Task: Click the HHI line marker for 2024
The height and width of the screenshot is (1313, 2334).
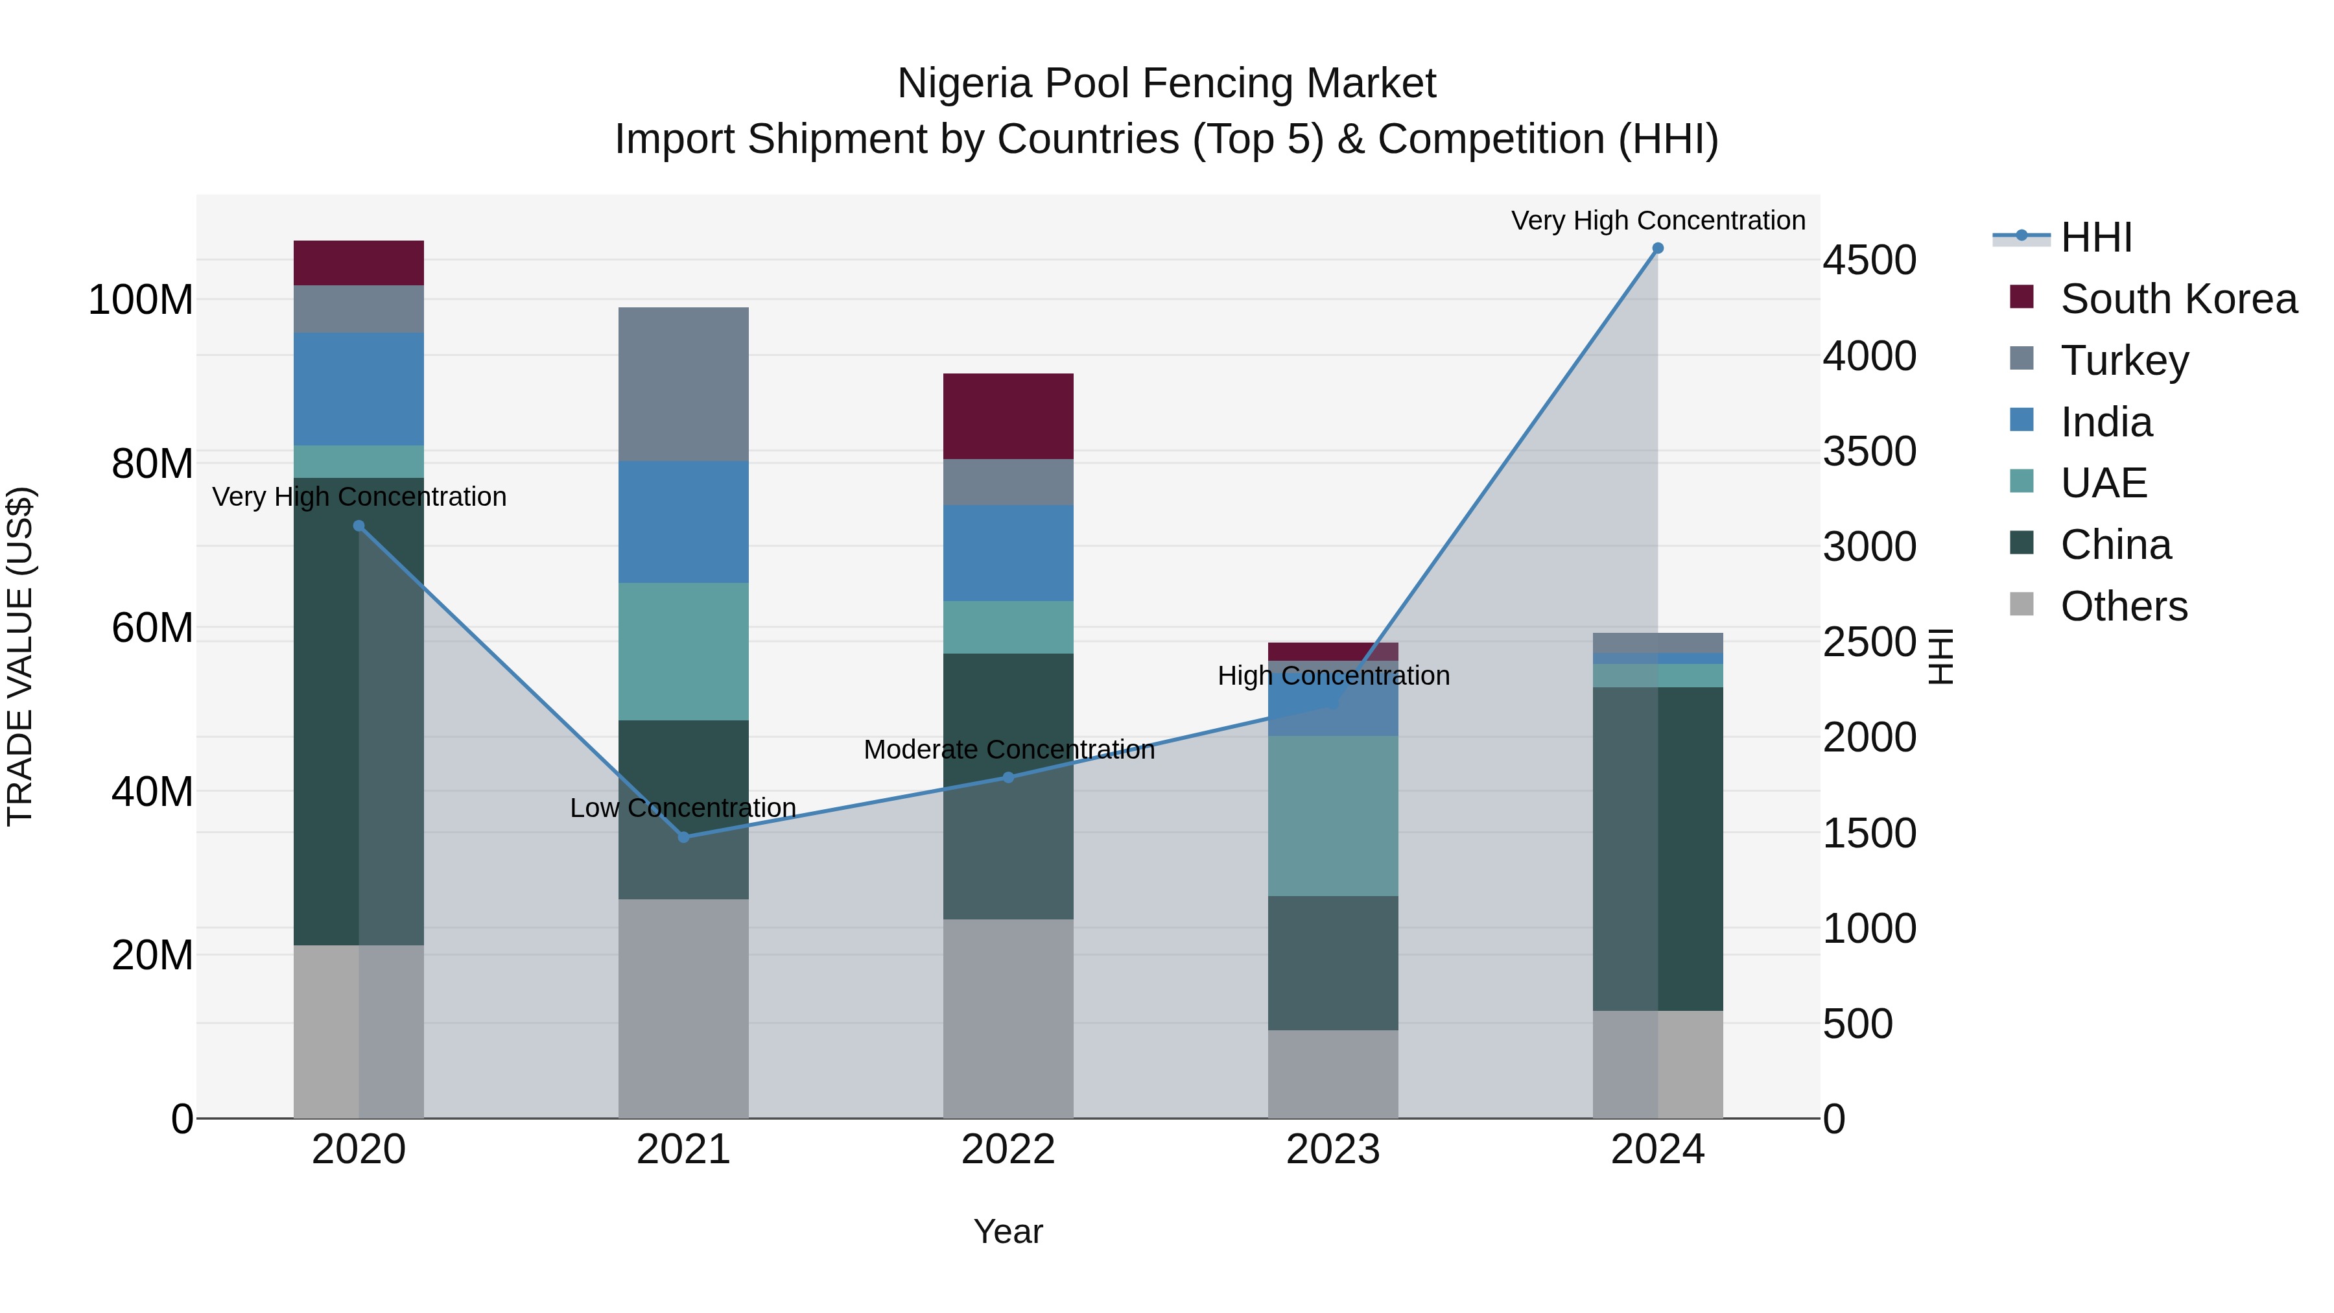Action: coord(1657,248)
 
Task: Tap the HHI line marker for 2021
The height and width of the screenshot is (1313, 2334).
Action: coord(684,836)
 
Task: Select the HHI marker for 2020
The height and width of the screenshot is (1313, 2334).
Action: coord(359,526)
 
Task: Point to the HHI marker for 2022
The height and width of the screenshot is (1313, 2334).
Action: coord(1008,777)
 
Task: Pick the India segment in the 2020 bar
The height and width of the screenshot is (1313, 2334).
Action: coord(359,389)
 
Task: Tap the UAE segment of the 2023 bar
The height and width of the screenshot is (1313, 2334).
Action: coord(1333,816)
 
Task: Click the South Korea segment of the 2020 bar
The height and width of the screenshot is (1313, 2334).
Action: coord(359,263)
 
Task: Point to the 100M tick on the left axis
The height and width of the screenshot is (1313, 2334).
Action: coord(141,300)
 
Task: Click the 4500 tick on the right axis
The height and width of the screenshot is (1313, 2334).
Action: coord(1869,260)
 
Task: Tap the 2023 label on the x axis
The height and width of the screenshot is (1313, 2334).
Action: coord(1333,1150)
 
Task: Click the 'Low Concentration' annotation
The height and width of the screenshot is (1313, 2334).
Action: coord(683,807)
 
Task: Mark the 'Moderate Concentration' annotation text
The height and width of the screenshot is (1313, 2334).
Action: coord(1008,750)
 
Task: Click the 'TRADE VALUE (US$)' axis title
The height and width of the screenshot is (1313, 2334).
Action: coord(20,656)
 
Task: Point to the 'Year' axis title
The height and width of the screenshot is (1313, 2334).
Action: coord(1008,1231)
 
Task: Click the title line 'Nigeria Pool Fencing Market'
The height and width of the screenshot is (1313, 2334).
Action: coord(1166,84)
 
